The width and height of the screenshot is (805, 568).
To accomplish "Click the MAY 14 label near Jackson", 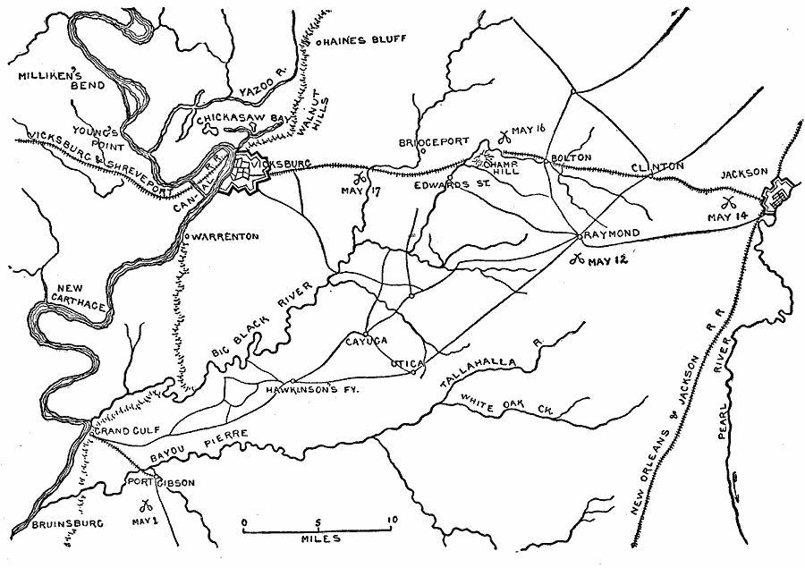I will pos(725,216).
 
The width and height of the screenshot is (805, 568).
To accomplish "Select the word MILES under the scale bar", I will pos(318,539).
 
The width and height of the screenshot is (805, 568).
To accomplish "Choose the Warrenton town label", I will pos(224,236).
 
